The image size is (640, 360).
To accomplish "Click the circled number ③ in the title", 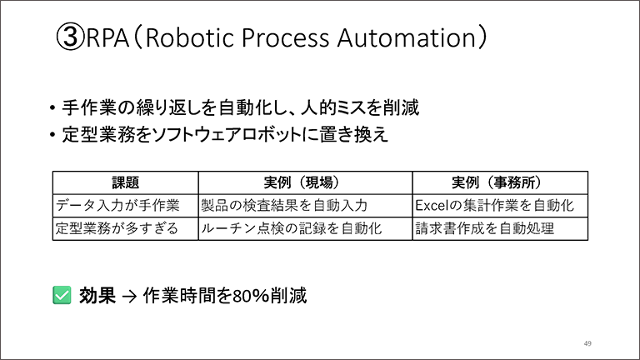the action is (x=70, y=37).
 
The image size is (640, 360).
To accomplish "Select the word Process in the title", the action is (x=285, y=37).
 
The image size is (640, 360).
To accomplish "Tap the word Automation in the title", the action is (x=407, y=37).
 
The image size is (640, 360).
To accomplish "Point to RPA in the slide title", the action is (x=107, y=37).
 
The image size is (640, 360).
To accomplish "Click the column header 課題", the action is (x=126, y=182).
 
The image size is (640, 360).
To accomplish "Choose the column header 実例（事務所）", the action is (x=497, y=182).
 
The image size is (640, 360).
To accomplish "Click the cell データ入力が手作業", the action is (x=117, y=205).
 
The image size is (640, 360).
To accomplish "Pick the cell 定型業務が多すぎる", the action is (x=117, y=228).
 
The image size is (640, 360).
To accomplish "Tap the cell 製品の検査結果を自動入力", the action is (x=284, y=205).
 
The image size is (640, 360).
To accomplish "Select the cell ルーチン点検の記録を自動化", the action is (x=292, y=228).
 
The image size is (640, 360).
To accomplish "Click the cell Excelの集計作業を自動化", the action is (x=495, y=205).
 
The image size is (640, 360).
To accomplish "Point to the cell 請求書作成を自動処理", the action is (x=485, y=228).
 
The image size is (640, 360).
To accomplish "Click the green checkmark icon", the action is (x=62, y=295).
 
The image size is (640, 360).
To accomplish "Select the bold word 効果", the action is (x=97, y=295).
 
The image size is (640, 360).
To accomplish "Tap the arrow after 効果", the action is (x=129, y=297).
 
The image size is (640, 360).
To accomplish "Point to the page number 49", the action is (x=587, y=343).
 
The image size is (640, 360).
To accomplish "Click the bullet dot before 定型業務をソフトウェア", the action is (x=52, y=135).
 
